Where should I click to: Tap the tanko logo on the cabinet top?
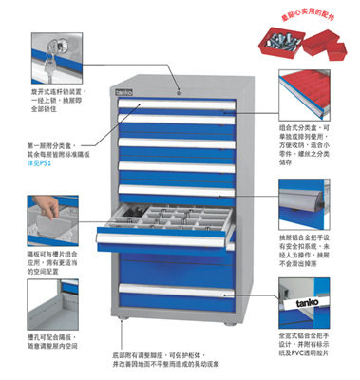(x=125, y=91)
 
